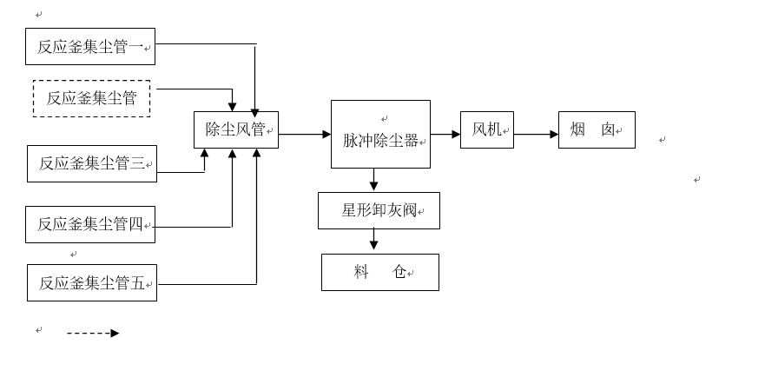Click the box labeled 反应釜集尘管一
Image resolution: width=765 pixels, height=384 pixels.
(89, 47)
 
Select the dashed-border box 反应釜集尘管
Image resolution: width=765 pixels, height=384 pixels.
(91, 98)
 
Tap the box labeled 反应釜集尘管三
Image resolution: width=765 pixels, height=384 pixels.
(91, 163)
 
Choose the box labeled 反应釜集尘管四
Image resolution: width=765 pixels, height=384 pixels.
(89, 225)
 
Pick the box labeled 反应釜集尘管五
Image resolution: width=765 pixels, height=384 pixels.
(91, 283)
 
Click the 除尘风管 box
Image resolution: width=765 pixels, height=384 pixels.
(235, 130)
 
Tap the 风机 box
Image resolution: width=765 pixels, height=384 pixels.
(486, 130)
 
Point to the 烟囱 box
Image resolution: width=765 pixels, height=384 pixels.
(596, 130)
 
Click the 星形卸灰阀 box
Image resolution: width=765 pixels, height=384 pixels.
(379, 210)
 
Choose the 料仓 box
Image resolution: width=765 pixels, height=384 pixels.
(379, 272)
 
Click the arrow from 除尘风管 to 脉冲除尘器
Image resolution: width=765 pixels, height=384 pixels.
(304, 135)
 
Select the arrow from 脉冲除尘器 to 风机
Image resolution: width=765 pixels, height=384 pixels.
(445, 135)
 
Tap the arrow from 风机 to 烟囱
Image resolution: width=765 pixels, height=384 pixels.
(536, 135)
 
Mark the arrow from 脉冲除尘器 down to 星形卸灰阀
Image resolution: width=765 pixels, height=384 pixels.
(374, 180)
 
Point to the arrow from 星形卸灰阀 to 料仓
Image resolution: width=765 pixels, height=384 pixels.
(374, 239)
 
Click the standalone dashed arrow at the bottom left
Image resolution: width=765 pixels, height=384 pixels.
(93, 333)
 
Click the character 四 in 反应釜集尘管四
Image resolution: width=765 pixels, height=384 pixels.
(135, 225)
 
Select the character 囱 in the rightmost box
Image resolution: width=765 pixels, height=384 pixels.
(608, 130)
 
